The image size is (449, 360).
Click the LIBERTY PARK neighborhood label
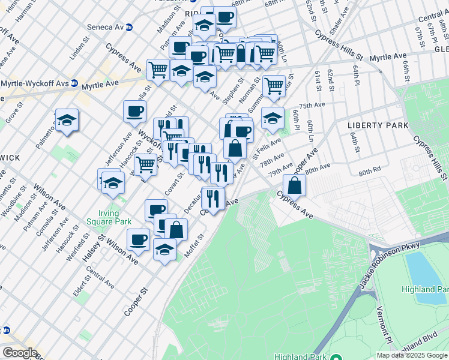tap(378, 125)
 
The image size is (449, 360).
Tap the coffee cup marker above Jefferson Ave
tap(134, 110)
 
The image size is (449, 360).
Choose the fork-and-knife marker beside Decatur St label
tap(213, 196)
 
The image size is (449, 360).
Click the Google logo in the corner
tap(20, 353)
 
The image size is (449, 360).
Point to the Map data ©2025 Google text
tap(412, 355)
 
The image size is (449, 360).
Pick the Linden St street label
tap(79, 50)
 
